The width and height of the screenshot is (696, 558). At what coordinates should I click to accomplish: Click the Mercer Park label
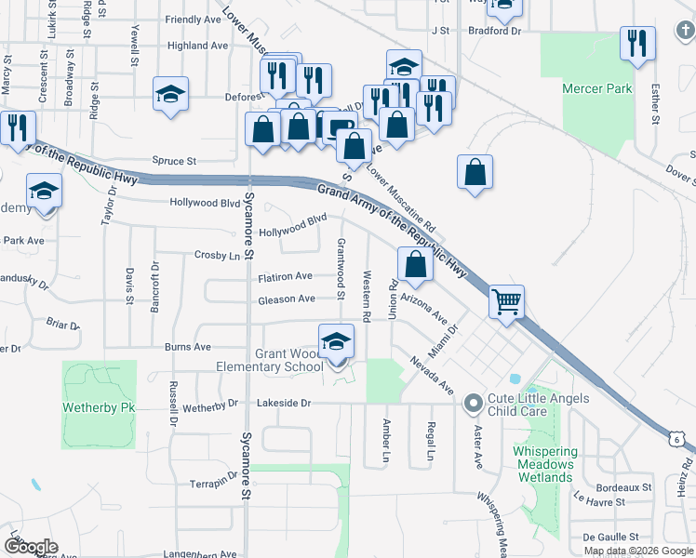pyautogui.click(x=597, y=89)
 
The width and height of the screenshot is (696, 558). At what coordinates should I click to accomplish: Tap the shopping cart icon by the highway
pyautogui.click(x=507, y=301)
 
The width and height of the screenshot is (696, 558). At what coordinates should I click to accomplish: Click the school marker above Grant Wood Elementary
pyautogui.click(x=336, y=343)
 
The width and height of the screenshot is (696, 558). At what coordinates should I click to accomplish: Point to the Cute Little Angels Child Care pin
pyautogui.click(x=474, y=404)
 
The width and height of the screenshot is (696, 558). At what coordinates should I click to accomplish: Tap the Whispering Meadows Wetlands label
pyautogui.click(x=544, y=464)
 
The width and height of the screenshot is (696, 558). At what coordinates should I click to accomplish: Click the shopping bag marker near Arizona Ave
pyautogui.click(x=415, y=264)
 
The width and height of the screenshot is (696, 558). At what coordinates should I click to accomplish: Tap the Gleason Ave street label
pyautogui.click(x=288, y=299)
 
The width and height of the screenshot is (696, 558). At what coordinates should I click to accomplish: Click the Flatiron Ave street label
pyautogui.click(x=286, y=276)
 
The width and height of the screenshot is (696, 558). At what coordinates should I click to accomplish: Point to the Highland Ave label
pyautogui.click(x=198, y=45)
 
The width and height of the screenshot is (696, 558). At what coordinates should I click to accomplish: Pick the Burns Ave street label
pyautogui.click(x=188, y=347)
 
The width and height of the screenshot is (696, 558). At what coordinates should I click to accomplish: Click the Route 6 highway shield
pyautogui.click(x=681, y=436)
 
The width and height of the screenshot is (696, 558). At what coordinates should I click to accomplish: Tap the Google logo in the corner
pyautogui.click(x=31, y=546)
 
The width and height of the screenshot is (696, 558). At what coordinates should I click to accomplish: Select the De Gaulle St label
pyautogui.click(x=610, y=537)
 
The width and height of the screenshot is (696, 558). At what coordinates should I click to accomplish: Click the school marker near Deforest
pyautogui.click(x=171, y=94)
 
